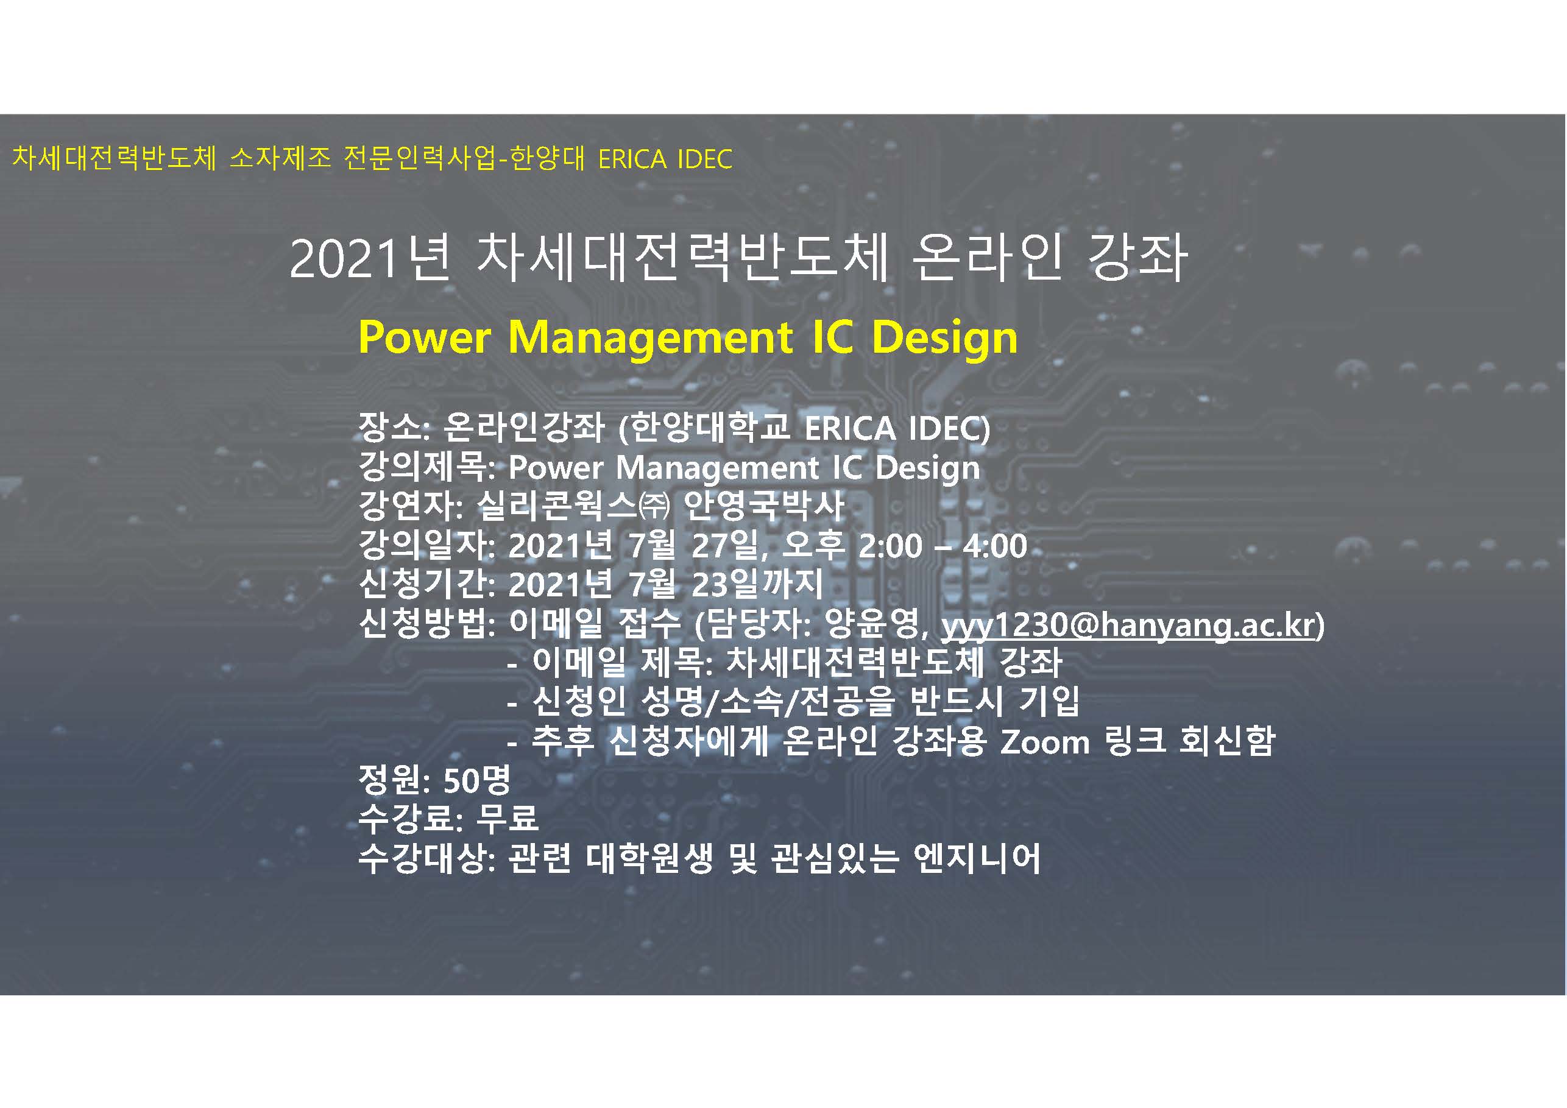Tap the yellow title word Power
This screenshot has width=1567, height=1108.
coord(425,337)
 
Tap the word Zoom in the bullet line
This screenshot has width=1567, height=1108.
coord(1045,743)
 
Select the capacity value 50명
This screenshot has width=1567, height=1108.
coord(476,780)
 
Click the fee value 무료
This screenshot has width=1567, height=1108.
coord(507,819)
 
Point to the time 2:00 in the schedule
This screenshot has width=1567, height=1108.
coord(890,547)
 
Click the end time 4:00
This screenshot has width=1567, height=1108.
coord(994,547)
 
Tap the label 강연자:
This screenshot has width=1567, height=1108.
coord(411,506)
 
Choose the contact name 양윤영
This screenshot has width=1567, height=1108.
coord(874,624)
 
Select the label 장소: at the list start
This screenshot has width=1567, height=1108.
coord(394,428)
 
